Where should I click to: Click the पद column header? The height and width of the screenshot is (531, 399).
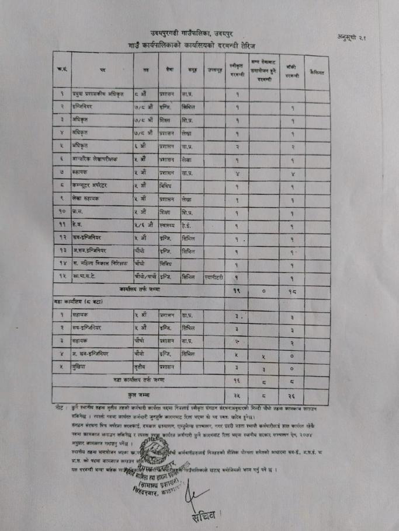pos(103,70)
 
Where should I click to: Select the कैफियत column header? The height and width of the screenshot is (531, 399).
pos(317,72)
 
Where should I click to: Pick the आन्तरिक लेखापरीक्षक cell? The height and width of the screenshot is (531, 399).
pos(94,158)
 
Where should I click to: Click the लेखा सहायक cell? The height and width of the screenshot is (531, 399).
pos(85,198)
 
